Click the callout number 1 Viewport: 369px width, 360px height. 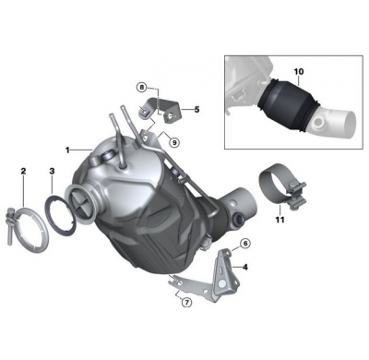[67, 149]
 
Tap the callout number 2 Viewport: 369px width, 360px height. [23, 171]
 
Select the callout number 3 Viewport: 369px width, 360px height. [52, 171]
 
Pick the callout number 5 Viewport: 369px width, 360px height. [196, 109]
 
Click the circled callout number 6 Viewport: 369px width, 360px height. [245, 243]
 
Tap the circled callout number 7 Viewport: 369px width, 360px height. [185, 302]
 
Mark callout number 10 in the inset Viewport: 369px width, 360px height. [298, 70]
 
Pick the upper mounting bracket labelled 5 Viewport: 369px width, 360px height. [169, 114]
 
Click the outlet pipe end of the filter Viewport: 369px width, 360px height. [244, 200]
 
